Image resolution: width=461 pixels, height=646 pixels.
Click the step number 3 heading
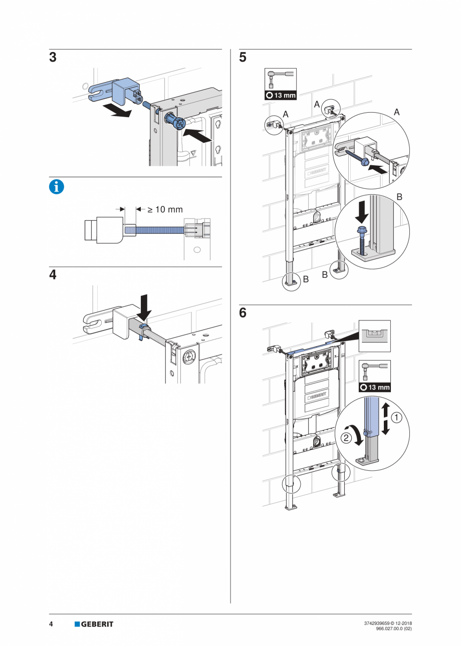[53, 58]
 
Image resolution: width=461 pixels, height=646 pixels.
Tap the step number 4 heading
[53, 275]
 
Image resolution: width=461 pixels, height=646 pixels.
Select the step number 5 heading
[243, 58]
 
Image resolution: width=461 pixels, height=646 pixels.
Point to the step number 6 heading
[243, 313]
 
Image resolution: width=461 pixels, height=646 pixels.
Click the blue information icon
[56, 187]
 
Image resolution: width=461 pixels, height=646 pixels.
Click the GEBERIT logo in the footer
[94, 624]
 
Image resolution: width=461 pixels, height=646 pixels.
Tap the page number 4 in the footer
[51, 624]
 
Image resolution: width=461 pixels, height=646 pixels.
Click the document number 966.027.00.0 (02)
[393, 629]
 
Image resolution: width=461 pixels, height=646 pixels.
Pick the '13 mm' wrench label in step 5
[280, 95]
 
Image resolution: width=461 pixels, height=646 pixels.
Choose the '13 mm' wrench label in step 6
[375, 387]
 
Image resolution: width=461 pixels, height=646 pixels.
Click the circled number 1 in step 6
[396, 417]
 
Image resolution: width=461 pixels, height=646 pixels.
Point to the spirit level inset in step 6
[375, 336]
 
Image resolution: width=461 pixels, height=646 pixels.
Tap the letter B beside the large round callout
[399, 197]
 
